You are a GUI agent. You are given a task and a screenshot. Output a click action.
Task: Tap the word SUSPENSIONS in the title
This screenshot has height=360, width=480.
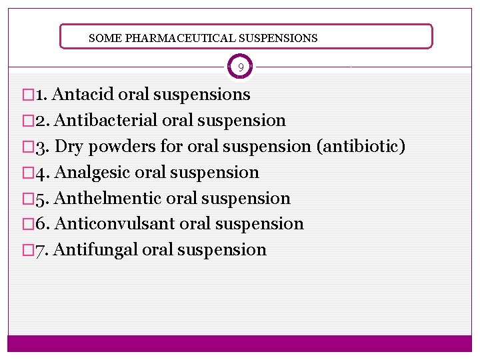tap(279, 38)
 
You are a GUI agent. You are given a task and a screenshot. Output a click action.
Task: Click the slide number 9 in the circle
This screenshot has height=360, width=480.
tap(241, 67)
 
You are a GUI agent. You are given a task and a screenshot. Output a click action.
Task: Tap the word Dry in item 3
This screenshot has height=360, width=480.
tap(69, 147)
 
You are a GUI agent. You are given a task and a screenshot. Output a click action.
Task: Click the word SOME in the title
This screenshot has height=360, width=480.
tap(102, 38)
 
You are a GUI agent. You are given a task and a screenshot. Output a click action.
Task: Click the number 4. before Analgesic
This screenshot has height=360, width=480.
tap(41, 173)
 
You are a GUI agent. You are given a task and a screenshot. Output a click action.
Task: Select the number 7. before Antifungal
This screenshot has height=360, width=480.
tap(41, 250)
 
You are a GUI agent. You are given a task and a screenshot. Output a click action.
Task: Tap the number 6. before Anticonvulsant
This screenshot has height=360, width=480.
tap(41, 224)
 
